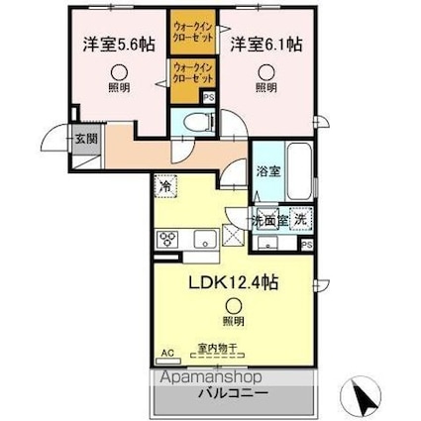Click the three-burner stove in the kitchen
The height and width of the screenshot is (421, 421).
pos(166,238)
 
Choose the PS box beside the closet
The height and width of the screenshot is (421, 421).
pos(208,98)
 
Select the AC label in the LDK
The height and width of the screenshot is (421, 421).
pos(165,350)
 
